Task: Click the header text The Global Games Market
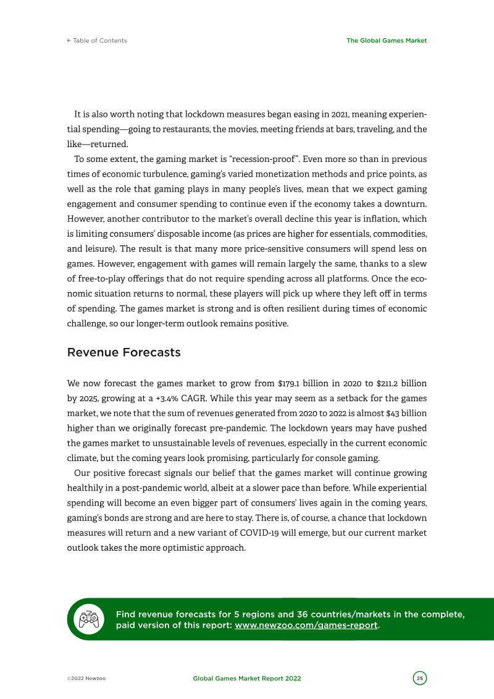387,41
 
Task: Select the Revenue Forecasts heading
124,353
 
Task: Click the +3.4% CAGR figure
162,399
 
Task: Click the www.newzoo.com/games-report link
306,625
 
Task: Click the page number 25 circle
420,679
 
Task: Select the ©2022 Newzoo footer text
86,679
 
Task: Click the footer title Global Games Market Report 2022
247,679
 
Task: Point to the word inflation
386,219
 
